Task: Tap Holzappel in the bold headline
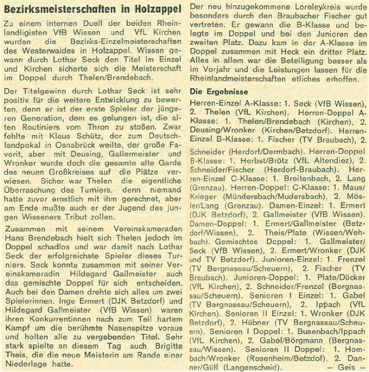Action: pos(155,7)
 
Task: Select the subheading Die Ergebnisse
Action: pos(219,92)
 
